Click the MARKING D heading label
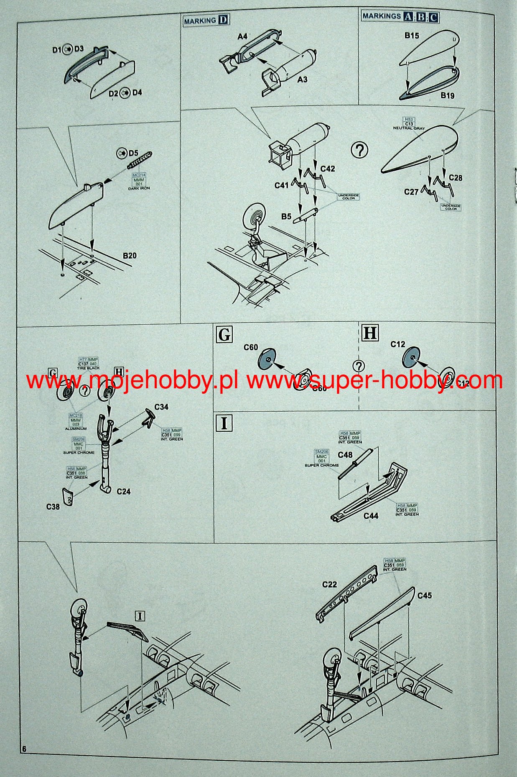206,20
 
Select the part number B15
411,36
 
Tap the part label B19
447,95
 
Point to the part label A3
302,79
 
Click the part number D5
133,154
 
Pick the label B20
130,256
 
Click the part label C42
327,169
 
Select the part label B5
286,217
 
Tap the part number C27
411,192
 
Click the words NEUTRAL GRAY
409,128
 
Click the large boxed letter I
224,423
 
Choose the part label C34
161,407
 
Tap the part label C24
124,492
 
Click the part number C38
53,507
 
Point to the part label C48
345,455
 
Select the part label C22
329,585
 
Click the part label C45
424,595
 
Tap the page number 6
24,749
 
